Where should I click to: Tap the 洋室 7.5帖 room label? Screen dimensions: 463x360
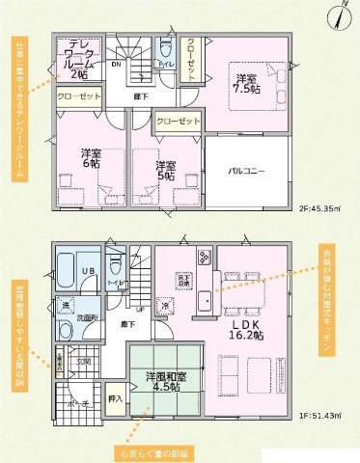pos(244,84)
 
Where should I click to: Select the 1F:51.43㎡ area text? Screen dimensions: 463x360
pos(322,416)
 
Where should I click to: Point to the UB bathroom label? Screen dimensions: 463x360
pos(86,271)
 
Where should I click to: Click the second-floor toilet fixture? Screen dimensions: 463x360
pos(165,50)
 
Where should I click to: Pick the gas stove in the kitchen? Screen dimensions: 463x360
pos(206,259)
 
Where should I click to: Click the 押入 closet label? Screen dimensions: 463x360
pos(116,397)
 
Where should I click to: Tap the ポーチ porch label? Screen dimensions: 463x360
pos(78,402)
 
